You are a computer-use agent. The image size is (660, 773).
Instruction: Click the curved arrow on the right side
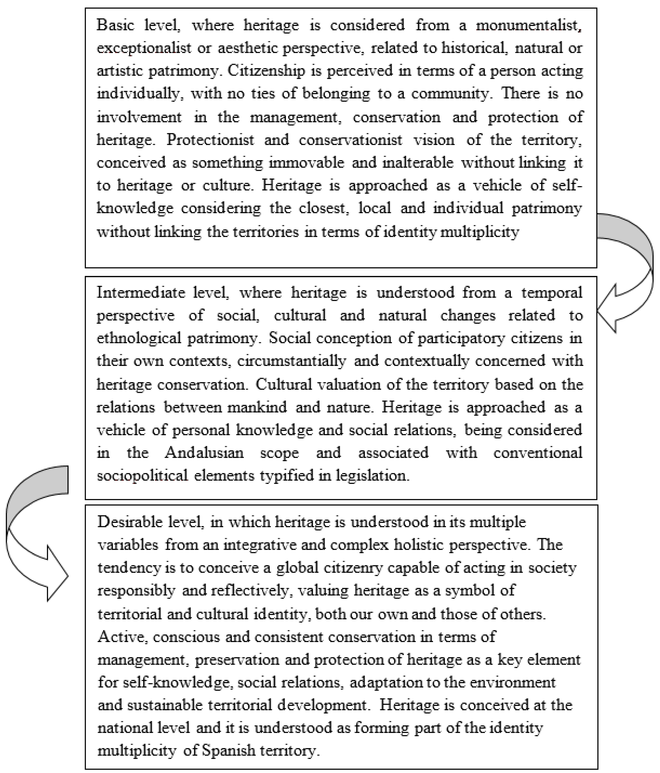[630, 269]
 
